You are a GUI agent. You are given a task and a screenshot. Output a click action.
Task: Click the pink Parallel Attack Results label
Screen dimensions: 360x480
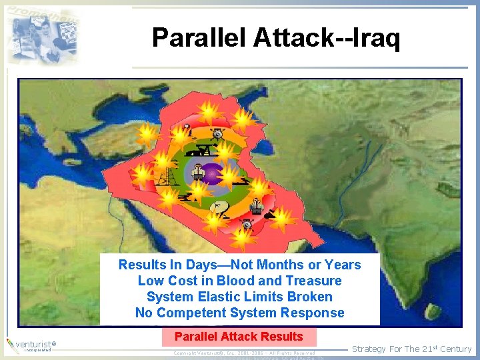239,337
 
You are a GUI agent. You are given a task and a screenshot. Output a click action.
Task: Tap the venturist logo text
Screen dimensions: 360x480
37,344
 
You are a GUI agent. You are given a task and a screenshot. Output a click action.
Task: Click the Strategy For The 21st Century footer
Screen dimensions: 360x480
411,349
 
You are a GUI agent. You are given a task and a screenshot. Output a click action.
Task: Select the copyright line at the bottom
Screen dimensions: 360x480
244,353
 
